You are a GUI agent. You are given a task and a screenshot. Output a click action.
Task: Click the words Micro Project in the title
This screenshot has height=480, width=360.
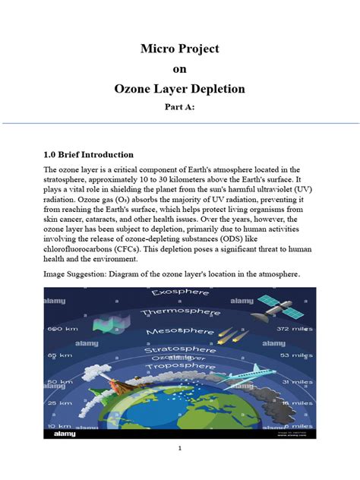click(x=179, y=49)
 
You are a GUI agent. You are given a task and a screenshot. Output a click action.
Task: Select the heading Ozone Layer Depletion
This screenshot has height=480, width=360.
click(x=179, y=89)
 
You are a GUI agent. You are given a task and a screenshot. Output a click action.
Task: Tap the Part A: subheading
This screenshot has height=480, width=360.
click(x=179, y=108)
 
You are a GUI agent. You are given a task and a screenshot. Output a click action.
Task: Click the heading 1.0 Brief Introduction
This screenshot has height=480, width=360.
click(x=88, y=155)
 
